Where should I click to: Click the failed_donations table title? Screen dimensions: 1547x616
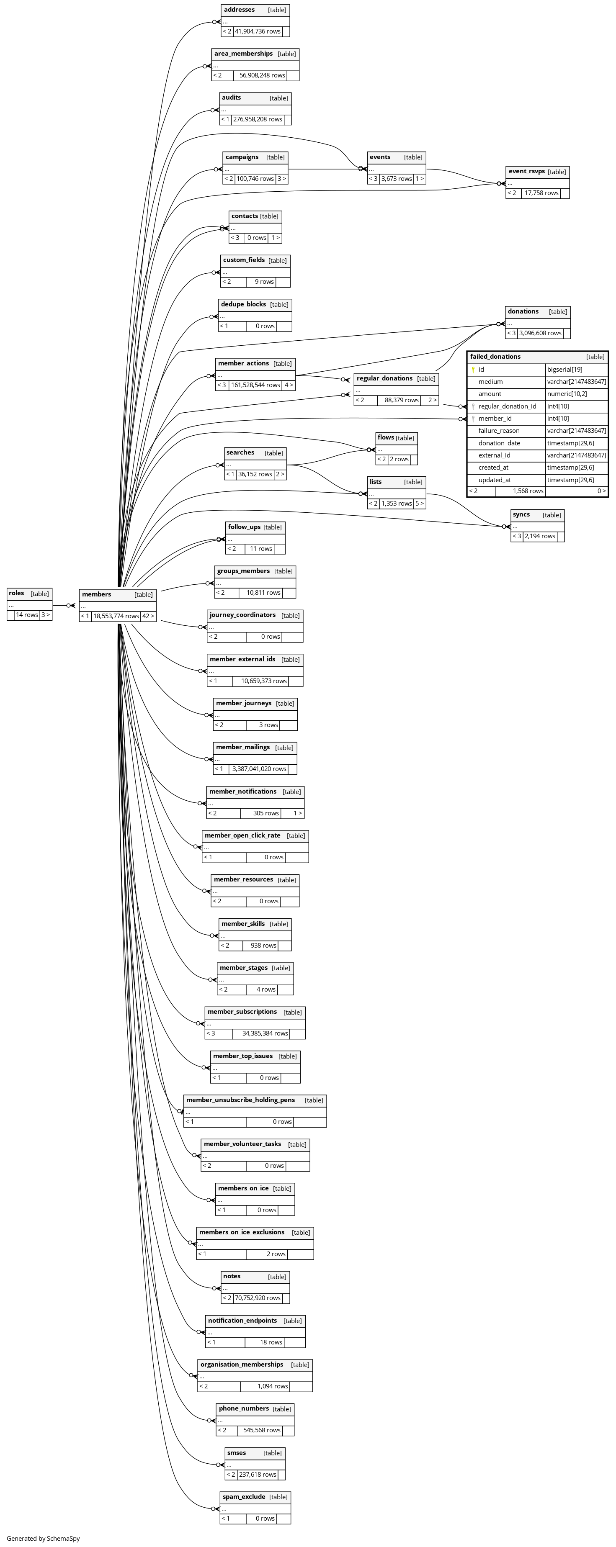pyautogui.click(x=495, y=357)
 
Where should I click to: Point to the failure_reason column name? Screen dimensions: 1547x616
pyautogui.click(x=499, y=431)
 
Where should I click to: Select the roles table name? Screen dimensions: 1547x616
pyautogui.click(x=17, y=594)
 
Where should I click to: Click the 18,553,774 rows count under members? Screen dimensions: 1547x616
pyautogui.click(x=116, y=616)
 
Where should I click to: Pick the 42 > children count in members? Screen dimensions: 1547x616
pyautogui.click(x=148, y=616)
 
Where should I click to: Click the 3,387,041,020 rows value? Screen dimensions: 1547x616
pyautogui.click(x=259, y=769)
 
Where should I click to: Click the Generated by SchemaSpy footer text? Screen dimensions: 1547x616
pyautogui.click(x=43, y=1538)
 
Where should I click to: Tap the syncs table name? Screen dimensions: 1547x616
pyautogui.click(x=521, y=515)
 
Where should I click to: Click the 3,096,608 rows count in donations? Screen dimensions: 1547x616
pyautogui.click(x=540, y=333)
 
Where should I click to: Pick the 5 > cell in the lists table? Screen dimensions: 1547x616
pyautogui.click(x=419, y=503)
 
